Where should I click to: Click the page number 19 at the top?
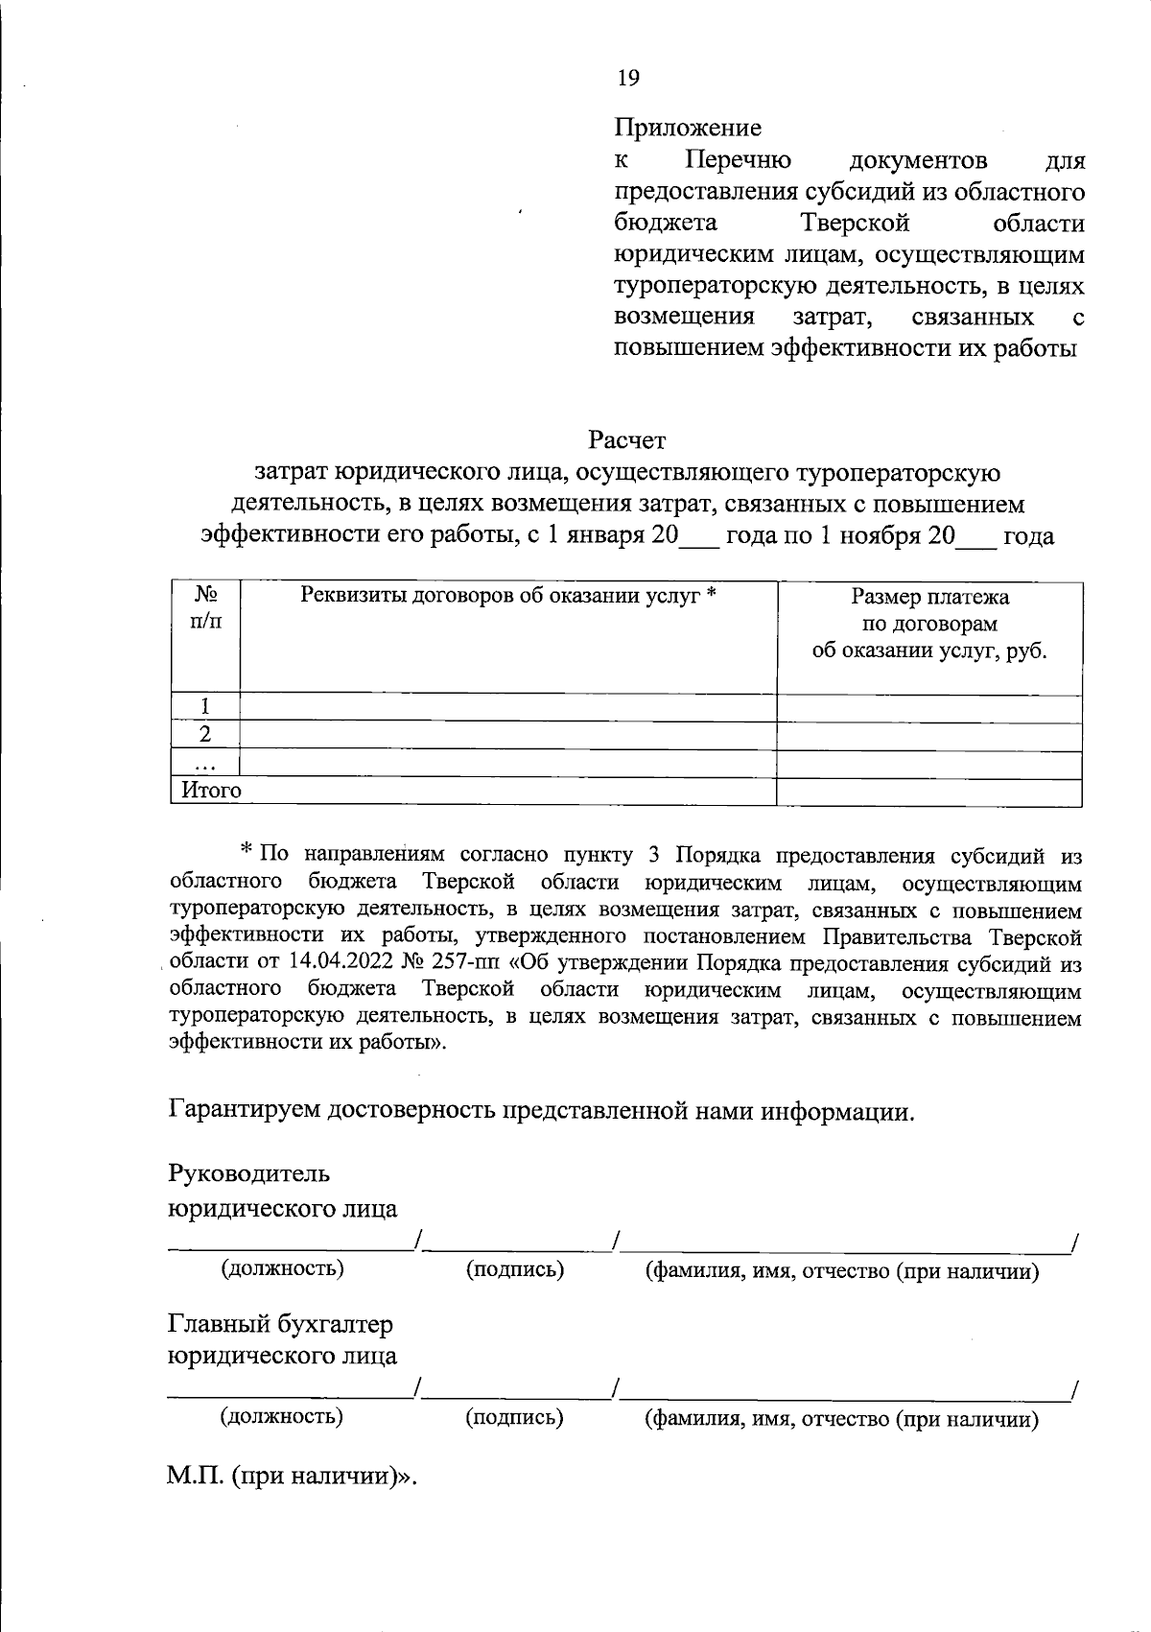(x=628, y=79)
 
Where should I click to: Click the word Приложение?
(x=688, y=128)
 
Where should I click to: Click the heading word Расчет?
(x=626, y=440)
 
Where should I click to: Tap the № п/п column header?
(x=204, y=609)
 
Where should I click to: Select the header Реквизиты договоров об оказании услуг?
(x=508, y=596)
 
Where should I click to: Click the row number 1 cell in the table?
(x=204, y=707)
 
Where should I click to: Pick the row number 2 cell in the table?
(x=204, y=735)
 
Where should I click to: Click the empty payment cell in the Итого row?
(x=928, y=792)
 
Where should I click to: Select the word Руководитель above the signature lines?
(x=249, y=1173)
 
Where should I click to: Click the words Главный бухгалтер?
(x=281, y=1325)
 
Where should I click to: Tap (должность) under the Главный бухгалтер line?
(x=282, y=1415)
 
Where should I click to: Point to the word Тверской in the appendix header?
(x=854, y=224)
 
